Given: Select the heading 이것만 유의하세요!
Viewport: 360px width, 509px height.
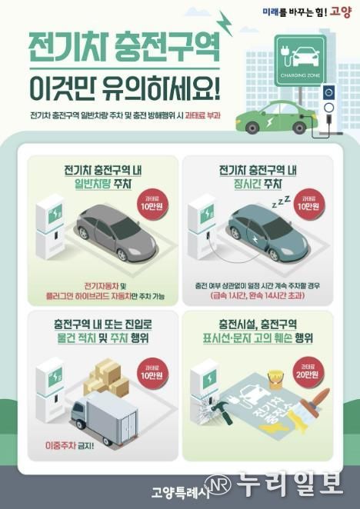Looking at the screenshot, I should tap(124, 91).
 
